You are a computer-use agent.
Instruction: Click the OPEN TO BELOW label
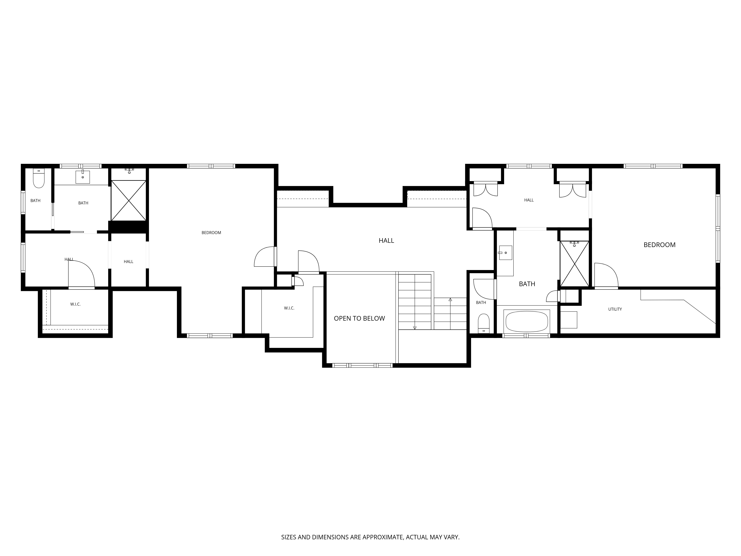pyautogui.click(x=359, y=318)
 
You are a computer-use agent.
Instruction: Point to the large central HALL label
pyautogui.click(x=386, y=241)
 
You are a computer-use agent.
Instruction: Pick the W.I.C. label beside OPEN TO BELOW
pyautogui.click(x=289, y=308)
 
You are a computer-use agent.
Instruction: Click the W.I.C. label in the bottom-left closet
pyautogui.click(x=75, y=304)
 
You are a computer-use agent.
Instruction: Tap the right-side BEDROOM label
pyautogui.click(x=659, y=245)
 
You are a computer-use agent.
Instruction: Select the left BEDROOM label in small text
pyautogui.click(x=211, y=233)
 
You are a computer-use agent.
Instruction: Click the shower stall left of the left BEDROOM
pyautogui.click(x=129, y=200)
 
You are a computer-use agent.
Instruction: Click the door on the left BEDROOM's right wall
pyautogui.click(x=265, y=257)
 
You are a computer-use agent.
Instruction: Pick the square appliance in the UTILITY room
pyautogui.click(x=569, y=320)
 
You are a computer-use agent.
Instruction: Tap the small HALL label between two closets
pyautogui.click(x=529, y=200)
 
